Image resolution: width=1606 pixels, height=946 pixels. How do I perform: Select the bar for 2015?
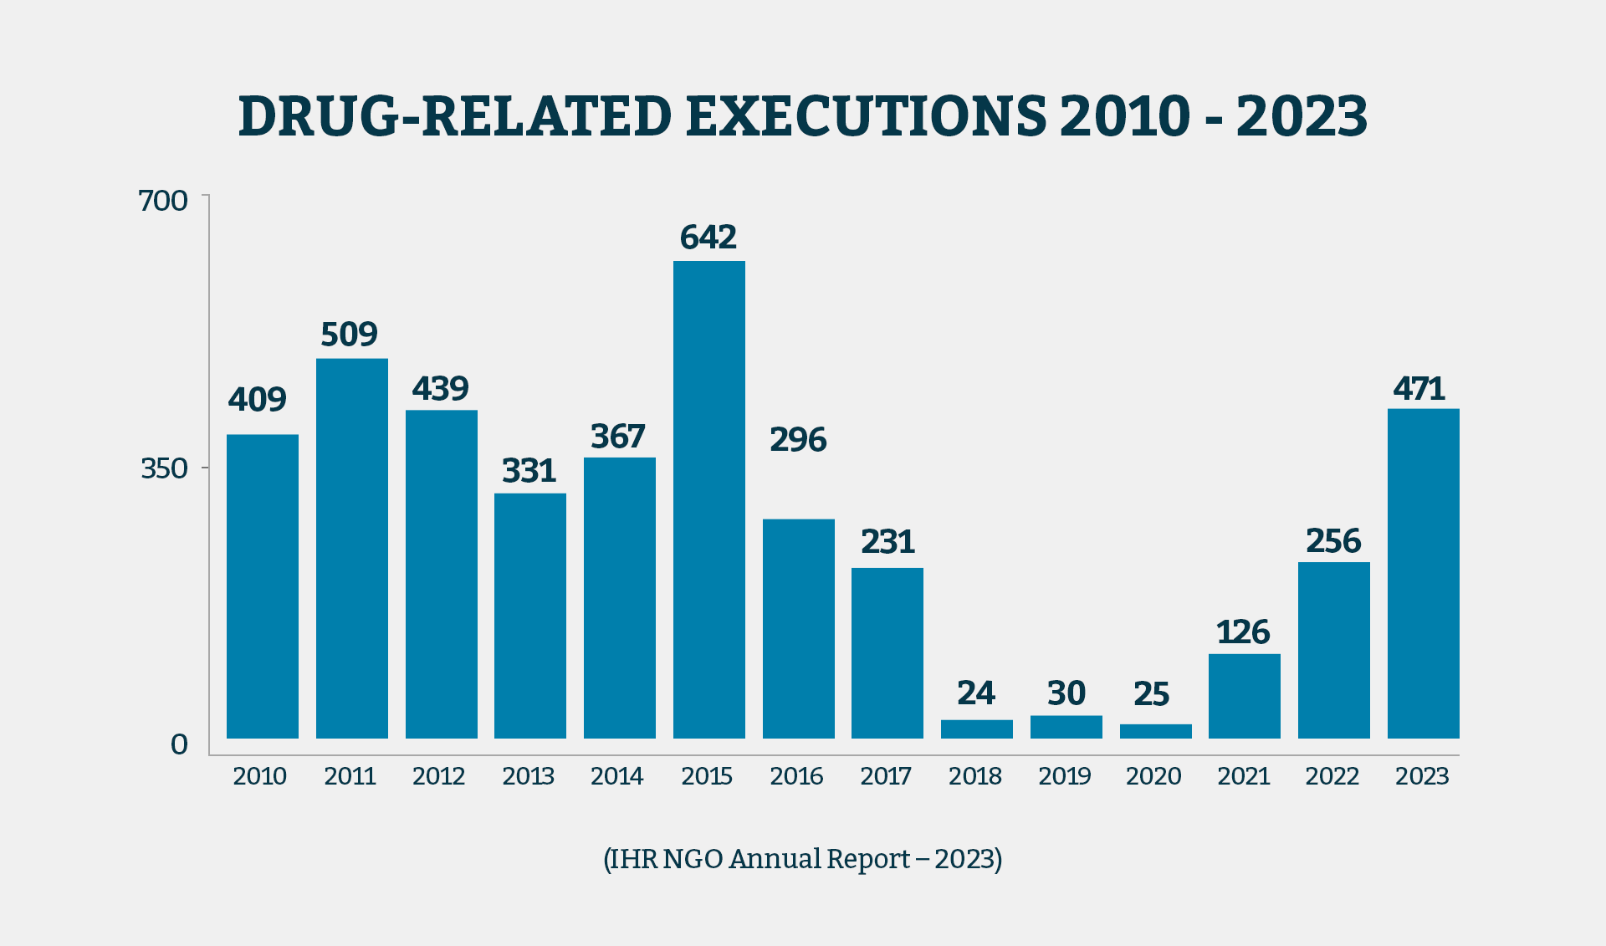[708, 499]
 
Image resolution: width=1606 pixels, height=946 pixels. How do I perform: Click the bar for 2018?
[976, 729]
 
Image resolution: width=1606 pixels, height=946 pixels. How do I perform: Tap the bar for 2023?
[1423, 573]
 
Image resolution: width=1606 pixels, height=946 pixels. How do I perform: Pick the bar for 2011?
[351, 548]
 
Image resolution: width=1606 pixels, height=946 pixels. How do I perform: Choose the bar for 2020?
[1155, 731]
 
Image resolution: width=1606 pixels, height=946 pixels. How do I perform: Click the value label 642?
[708, 238]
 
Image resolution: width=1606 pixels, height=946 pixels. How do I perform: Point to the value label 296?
[798, 440]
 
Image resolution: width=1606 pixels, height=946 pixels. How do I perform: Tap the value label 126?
[1243, 632]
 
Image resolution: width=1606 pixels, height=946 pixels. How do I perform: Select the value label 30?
[1066, 693]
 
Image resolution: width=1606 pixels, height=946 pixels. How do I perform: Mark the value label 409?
[258, 400]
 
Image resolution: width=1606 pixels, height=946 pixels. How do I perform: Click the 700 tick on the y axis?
[163, 201]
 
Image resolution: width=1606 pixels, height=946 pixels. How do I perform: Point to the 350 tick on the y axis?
[164, 468]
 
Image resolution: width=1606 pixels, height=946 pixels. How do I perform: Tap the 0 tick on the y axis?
[179, 744]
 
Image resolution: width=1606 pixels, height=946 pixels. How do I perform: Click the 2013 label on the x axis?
[528, 776]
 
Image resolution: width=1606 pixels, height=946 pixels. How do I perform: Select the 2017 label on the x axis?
[886, 776]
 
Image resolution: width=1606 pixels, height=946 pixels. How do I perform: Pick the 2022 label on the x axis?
[1332, 776]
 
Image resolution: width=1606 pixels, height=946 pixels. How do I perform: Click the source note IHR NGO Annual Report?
[802, 859]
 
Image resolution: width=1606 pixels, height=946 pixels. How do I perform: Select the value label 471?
[1419, 389]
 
